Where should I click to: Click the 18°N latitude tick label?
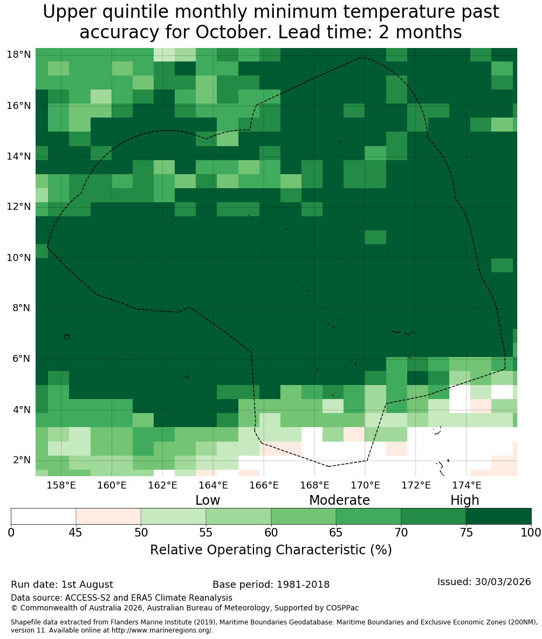19,54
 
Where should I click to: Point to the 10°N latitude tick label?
19,258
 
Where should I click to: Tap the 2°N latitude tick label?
22,460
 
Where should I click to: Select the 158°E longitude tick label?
61,485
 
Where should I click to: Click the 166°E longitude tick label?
264,485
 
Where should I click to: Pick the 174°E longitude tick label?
466,485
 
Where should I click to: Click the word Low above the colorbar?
208,500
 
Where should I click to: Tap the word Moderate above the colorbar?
339,500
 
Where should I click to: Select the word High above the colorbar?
464,500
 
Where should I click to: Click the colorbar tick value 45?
76,532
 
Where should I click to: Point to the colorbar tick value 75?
466,532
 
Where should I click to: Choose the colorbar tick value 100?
531,532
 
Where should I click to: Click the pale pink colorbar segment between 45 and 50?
108,517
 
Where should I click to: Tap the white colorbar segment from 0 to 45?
44,517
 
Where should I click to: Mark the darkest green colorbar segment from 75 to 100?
499,517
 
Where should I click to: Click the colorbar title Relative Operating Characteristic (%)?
271,549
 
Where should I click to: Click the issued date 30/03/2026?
503,581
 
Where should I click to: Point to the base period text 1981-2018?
303,585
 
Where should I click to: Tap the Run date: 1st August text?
62,585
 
